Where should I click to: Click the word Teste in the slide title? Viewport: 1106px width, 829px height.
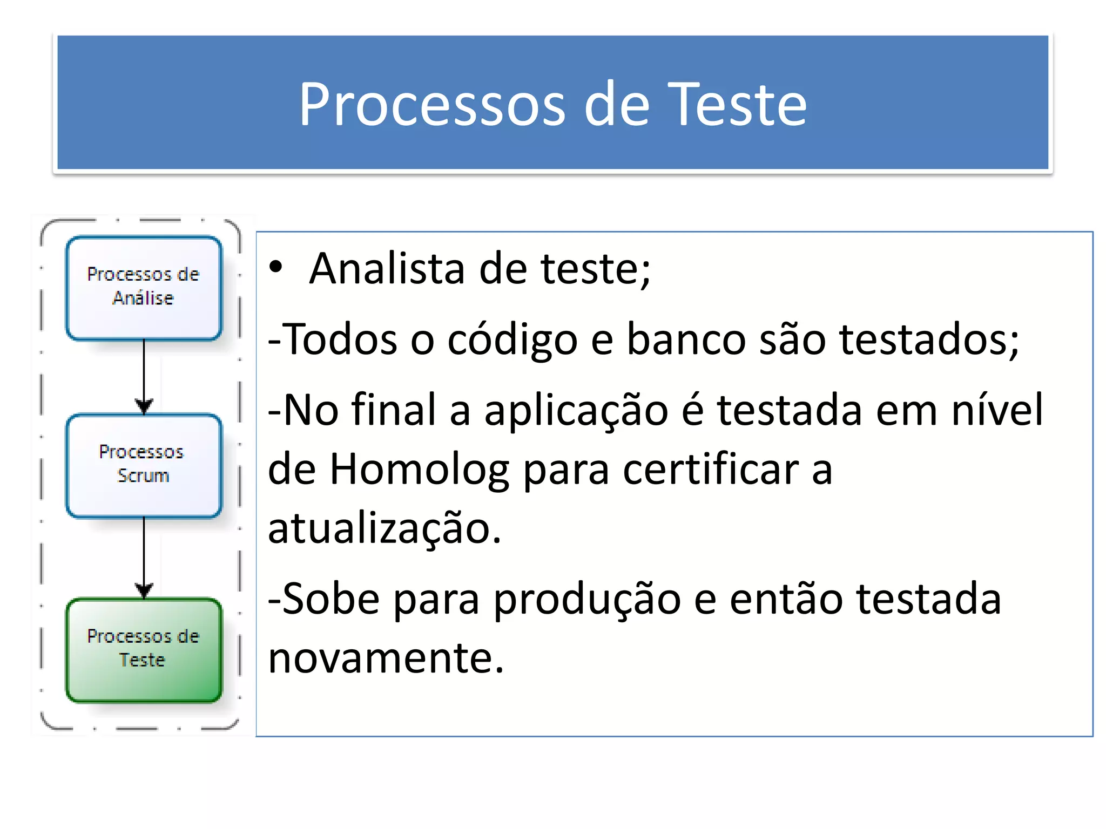point(737,104)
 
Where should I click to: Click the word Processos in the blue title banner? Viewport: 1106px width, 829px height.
point(433,104)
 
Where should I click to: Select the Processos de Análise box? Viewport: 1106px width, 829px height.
point(144,288)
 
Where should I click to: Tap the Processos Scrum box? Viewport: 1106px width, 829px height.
point(144,465)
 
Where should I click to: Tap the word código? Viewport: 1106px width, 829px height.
point(512,340)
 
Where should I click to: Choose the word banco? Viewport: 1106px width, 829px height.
point(686,340)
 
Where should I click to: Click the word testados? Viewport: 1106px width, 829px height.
point(929,340)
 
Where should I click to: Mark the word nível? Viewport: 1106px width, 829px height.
point(997,410)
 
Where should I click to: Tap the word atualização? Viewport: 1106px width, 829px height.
point(385,529)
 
